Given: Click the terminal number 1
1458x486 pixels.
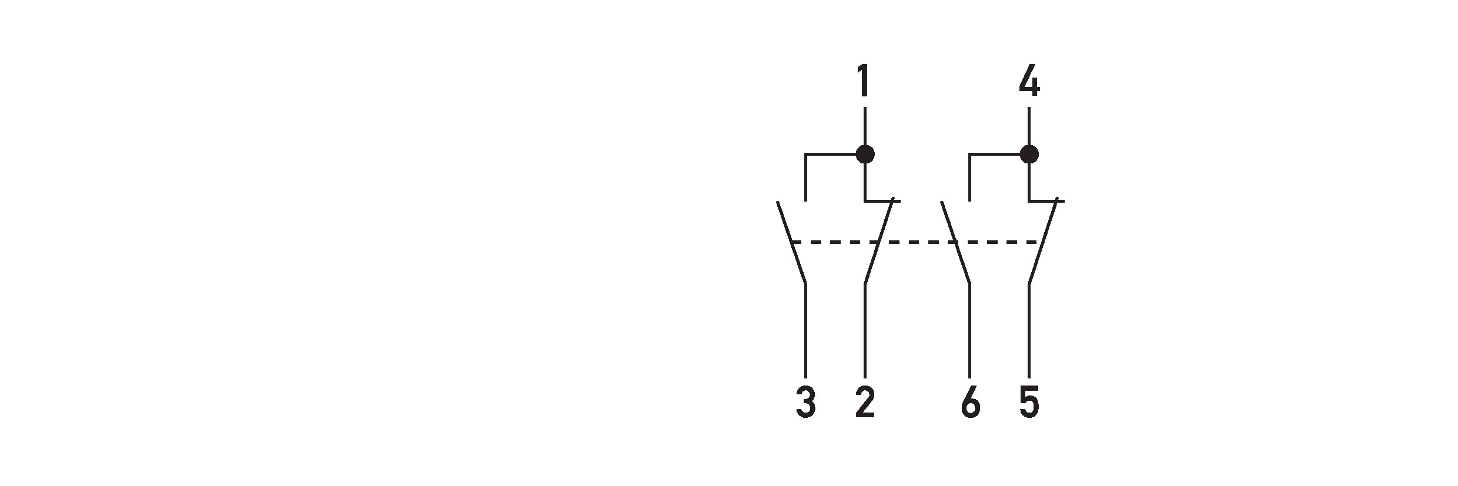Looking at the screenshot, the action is [x=863, y=82].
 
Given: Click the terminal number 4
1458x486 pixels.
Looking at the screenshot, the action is [x=1029, y=82].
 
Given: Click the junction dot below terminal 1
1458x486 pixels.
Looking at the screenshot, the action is [x=865, y=154].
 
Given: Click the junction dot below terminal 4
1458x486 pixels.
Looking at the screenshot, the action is [x=1029, y=154].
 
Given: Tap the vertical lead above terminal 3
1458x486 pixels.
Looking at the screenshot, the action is [x=805, y=331].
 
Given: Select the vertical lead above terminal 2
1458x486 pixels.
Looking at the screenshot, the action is [x=865, y=331].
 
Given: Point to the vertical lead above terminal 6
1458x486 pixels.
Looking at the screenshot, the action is [x=970, y=331].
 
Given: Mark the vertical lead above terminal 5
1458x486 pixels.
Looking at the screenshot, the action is [x=1029, y=331].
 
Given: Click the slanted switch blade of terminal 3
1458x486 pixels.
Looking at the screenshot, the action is [x=791, y=243].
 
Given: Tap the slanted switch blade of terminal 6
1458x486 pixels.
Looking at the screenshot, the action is [x=956, y=243].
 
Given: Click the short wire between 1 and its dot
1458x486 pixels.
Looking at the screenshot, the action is [x=865, y=125].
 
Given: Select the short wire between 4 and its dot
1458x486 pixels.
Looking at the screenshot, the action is [x=1029, y=125].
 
